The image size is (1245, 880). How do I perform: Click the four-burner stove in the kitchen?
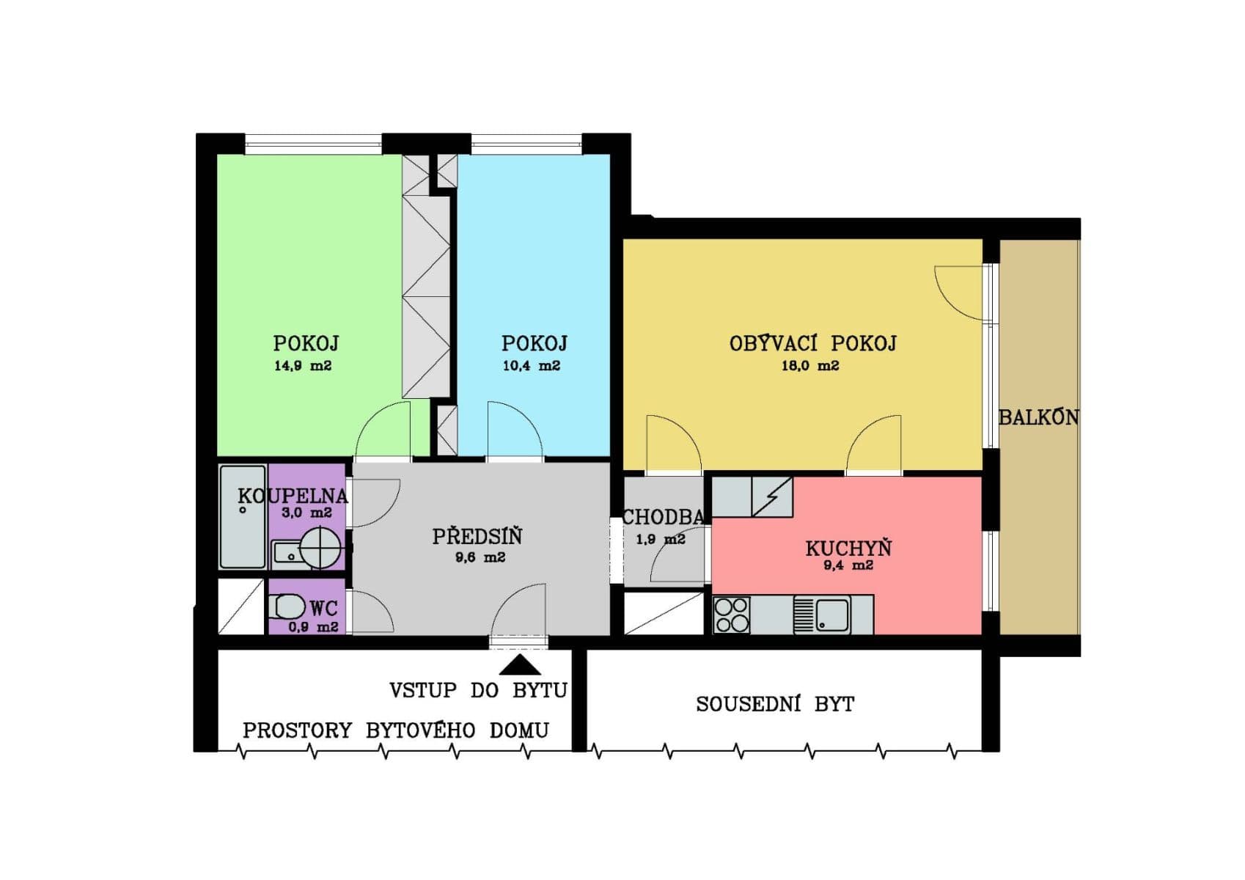732,615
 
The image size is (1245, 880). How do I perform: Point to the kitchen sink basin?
833,614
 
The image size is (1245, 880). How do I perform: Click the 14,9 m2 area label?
303,366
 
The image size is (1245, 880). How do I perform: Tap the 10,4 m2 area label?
532,366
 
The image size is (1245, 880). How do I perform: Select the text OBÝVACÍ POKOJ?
812,343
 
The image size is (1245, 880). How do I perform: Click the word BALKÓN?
1038,417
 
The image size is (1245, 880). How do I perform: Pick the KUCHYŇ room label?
848,548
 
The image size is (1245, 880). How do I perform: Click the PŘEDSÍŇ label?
477,537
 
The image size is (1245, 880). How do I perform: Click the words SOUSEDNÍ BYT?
775,705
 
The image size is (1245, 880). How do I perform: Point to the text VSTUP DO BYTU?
478,690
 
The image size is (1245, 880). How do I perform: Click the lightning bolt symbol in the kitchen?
772,496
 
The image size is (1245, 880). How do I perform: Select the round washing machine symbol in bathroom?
320,547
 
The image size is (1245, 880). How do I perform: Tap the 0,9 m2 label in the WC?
313,627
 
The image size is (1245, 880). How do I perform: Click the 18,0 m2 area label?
809,366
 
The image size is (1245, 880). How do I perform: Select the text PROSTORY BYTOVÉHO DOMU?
396,730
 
